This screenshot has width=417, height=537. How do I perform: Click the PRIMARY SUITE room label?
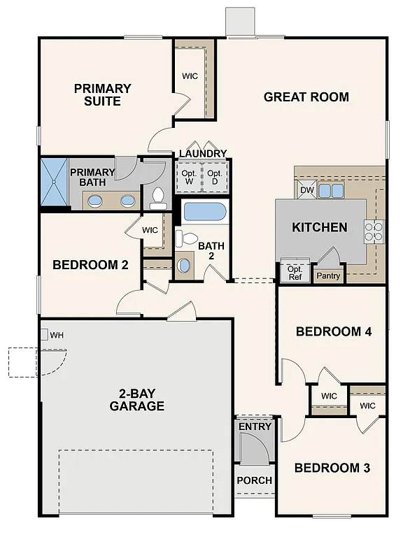[x=103, y=95]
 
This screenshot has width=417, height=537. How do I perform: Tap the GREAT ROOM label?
[x=306, y=97]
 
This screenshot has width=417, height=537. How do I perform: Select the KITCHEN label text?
[x=319, y=227]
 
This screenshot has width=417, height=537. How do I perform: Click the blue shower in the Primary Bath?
[x=55, y=182]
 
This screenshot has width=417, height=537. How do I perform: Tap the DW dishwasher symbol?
[x=306, y=190]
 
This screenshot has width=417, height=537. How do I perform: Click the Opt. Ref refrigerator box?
[x=295, y=273]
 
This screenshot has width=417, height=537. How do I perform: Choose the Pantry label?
[x=328, y=275]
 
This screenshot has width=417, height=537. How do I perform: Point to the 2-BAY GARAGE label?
[x=137, y=400]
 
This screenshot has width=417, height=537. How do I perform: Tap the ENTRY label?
[x=255, y=427]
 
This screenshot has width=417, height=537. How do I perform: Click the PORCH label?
[x=255, y=480]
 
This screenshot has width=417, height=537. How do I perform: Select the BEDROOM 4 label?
[x=333, y=331]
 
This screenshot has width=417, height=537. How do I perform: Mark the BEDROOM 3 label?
[x=331, y=468]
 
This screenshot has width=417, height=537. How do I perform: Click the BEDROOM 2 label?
[x=90, y=265]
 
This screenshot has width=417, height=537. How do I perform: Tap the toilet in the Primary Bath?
[x=157, y=199]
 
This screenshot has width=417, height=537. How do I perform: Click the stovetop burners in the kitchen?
[x=374, y=231]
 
